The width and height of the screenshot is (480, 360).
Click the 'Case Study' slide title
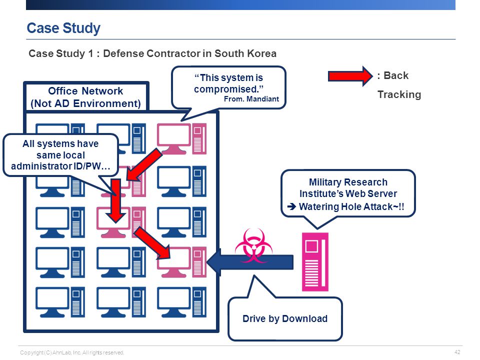coord(63,28)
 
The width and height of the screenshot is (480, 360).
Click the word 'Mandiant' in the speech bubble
coord(262,99)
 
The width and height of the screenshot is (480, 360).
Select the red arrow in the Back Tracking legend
coord(350,76)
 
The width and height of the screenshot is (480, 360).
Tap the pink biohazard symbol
coord(253,246)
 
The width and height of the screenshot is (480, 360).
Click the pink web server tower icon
coord(315,261)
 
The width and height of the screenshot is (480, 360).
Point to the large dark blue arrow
coord(250,262)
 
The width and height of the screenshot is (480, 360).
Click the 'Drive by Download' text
coord(285,318)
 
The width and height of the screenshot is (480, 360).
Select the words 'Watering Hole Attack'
coord(346,206)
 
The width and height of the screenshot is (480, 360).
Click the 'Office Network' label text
coord(85,91)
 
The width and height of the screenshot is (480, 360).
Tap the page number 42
coord(457,352)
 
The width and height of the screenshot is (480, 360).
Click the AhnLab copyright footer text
coord(72,352)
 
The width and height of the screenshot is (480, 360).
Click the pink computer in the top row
coord(182,138)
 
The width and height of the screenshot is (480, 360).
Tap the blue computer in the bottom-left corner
coord(60,302)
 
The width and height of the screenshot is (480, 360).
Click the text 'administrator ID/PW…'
coord(60,166)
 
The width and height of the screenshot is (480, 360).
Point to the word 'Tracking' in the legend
coord(399,94)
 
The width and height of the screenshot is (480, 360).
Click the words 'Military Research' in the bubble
coord(348,182)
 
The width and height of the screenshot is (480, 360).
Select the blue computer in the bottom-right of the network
coord(182,302)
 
